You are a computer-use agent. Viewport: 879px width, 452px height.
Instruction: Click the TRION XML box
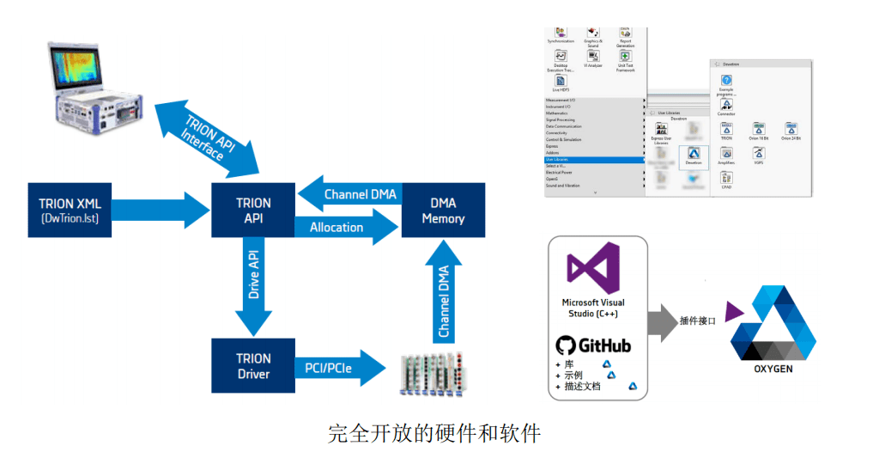pos(70,210)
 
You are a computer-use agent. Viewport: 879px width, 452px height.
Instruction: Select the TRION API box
pos(253,210)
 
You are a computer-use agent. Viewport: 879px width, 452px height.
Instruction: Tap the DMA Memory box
pos(443,210)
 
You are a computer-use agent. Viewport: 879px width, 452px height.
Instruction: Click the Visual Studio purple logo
pos(593,268)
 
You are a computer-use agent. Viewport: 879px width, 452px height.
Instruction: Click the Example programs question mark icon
pos(726,80)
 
